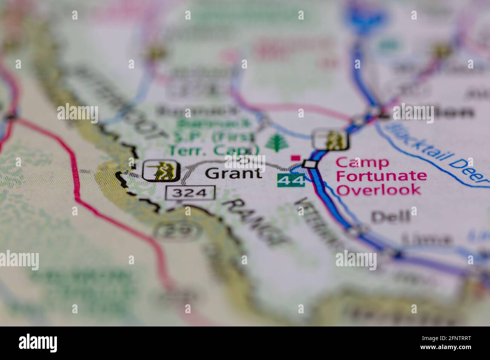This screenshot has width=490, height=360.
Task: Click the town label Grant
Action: [x=234, y=173]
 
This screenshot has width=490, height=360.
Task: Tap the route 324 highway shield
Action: [x=190, y=193]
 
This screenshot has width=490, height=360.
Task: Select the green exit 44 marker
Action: [x=291, y=181]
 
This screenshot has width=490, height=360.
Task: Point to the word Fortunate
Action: [x=381, y=176]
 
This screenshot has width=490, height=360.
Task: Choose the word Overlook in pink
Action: [x=378, y=189]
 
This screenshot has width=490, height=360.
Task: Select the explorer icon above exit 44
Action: [x=331, y=139]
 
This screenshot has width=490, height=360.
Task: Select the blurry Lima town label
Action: [x=426, y=239]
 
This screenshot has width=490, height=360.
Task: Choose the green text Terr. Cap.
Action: [x=213, y=150]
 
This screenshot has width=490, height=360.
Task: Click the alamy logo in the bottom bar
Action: [x=38, y=343]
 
